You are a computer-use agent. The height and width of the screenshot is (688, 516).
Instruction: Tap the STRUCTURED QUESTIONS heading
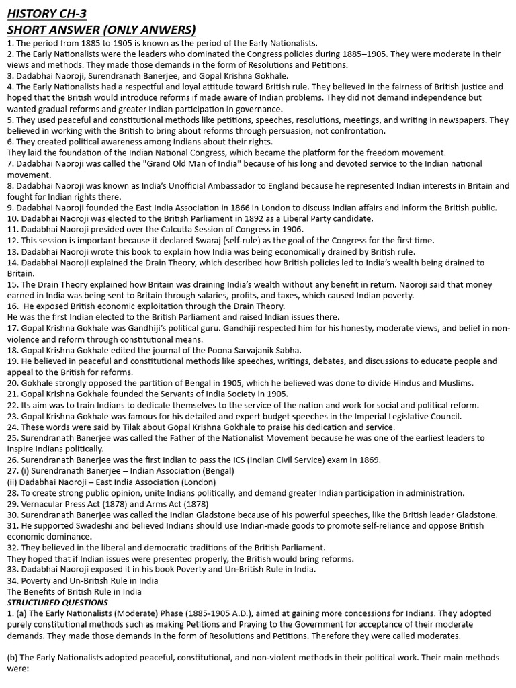point(57,602)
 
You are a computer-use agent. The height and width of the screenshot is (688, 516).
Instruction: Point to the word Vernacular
point(44,503)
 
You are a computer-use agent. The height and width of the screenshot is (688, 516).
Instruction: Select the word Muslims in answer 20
point(451,383)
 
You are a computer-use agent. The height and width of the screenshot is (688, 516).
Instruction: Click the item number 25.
point(11,438)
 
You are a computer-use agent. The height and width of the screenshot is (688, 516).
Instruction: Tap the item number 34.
point(11,580)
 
